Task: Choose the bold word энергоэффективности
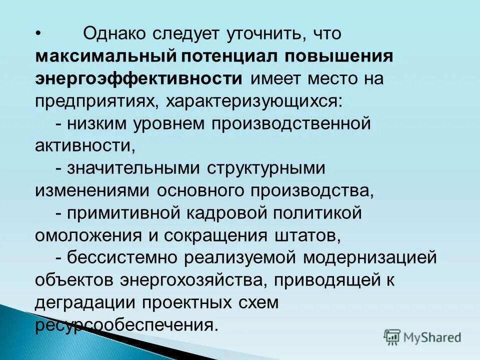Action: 139,78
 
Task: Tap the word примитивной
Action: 124,213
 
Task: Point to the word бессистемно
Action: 123,257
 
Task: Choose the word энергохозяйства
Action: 207,280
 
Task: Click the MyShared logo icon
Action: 392,337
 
